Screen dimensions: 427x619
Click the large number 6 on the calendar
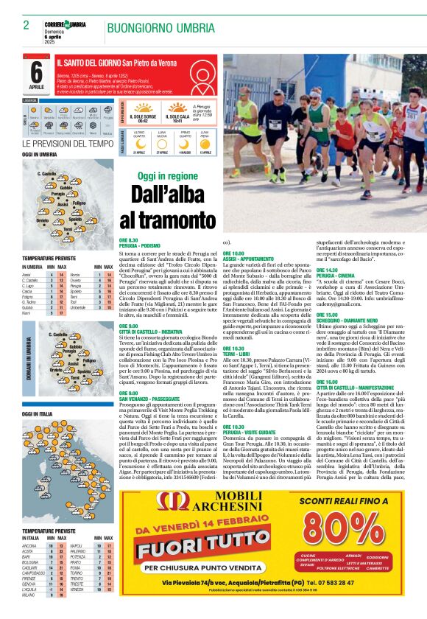[x=36, y=72]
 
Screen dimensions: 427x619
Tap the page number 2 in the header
[x=26, y=25]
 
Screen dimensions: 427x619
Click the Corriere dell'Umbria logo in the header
[x=66, y=26]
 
